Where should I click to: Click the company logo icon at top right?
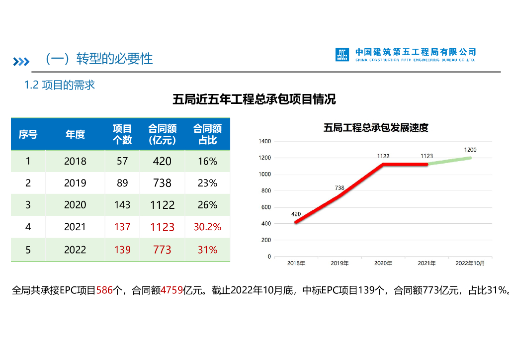(x=342, y=55)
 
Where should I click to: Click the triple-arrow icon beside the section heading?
(x=21, y=61)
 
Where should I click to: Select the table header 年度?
(x=75, y=134)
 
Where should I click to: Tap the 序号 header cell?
(x=28, y=134)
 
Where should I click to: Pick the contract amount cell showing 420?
(x=162, y=161)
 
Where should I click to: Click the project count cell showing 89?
(x=122, y=183)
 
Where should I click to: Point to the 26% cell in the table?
(x=207, y=205)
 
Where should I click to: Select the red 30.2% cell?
(x=207, y=227)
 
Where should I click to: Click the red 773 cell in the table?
(x=162, y=250)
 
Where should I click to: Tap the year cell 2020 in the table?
(x=75, y=205)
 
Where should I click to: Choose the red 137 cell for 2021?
(x=122, y=227)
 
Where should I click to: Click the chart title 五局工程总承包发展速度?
(x=376, y=128)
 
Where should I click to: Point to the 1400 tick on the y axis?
(x=265, y=142)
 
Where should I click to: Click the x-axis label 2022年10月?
(x=470, y=263)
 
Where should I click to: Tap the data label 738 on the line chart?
(x=339, y=188)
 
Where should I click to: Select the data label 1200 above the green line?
(x=470, y=150)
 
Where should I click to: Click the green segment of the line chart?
(x=449, y=161)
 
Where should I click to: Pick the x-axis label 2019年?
(x=339, y=263)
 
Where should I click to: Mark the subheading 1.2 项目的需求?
(x=60, y=85)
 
